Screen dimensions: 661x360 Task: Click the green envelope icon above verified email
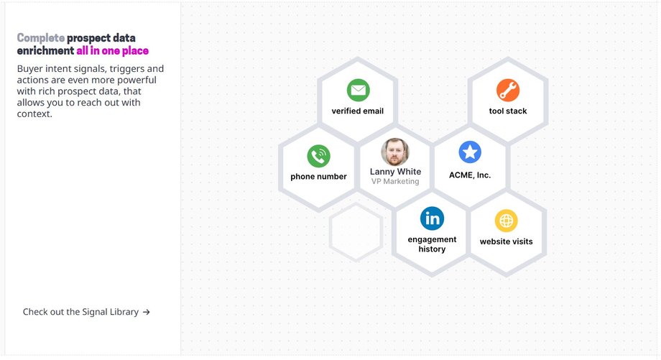pyautogui.click(x=359, y=91)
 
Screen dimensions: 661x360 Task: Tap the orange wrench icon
pyautogui.click(x=508, y=91)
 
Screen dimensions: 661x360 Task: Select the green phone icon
pyautogui.click(x=319, y=156)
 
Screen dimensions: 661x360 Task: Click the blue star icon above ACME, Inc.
pyautogui.click(x=470, y=152)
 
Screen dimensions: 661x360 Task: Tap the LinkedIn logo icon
pyautogui.click(x=432, y=218)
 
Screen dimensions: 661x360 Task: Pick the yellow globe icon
pyautogui.click(x=507, y=221)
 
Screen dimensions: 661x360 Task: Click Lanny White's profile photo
pyautogui.click(x=395, y=152)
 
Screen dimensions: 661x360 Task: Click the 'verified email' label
pyautogui.click(x=358, y=111)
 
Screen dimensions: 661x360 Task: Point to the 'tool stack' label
pyautogui.click(x=508, y=111)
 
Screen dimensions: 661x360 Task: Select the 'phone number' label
pyautogui.click(x=319, y=177)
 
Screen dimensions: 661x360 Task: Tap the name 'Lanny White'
pyautogui.click(x=395, y=172)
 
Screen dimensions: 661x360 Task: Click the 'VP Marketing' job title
pyautogui.click(x=395, y=181)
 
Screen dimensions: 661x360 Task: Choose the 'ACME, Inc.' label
pyautogui.click(x=470, y=175)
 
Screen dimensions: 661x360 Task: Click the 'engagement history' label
pyautogui.click(x=432, y=244)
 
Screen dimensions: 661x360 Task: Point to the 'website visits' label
pyautogui.click(x=507, y=241)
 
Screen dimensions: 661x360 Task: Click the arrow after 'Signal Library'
pyautogui.click(x=147, y=313)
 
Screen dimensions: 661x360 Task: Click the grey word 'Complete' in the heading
pyautogui.click(x=41, y=38)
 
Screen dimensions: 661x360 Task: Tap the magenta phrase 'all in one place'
pyautogui.click(x=113, y=51)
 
